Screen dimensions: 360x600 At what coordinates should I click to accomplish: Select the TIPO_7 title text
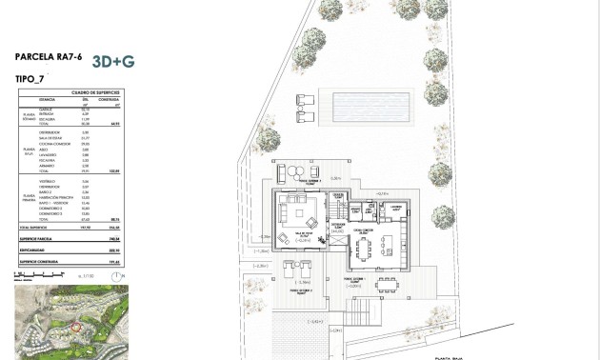tap(31, 78)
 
